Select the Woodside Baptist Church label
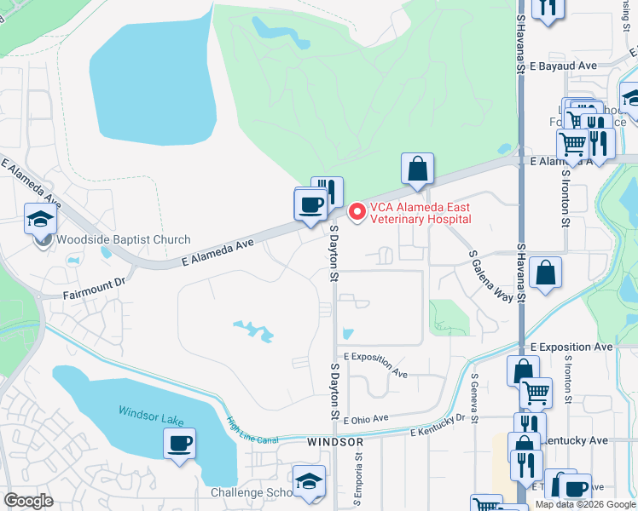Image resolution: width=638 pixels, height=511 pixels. [x=124, y=240]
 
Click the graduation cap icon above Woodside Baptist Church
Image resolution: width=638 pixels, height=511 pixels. [x=40, y=220]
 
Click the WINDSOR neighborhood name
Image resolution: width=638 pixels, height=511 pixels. [x=335, y=443]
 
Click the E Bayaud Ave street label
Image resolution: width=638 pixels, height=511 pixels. [x=563, y=66]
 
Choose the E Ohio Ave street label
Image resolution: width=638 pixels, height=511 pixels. [x=366, y=418]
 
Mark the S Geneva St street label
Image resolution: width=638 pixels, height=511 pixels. [x=473, y=397]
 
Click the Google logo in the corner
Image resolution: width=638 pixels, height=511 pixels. [x=29, y=501]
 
